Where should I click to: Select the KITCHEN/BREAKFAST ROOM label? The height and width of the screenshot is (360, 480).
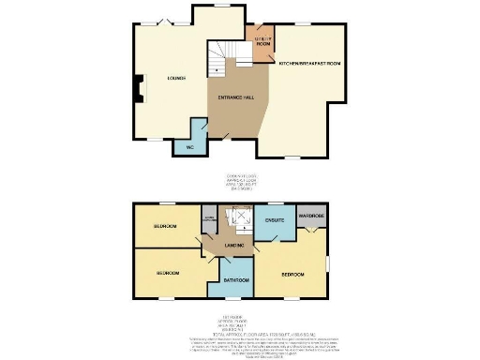(308, 63)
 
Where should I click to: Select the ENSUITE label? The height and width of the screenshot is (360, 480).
(275, 221)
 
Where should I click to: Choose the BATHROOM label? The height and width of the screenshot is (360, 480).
(235, 280)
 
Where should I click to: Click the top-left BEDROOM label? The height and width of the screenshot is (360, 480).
(167, 227)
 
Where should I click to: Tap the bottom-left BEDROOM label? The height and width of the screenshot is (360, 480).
(167, 272)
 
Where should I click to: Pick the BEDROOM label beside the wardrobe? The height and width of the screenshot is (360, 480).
(292, 275)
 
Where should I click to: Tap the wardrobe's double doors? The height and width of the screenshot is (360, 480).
(312, 232)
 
